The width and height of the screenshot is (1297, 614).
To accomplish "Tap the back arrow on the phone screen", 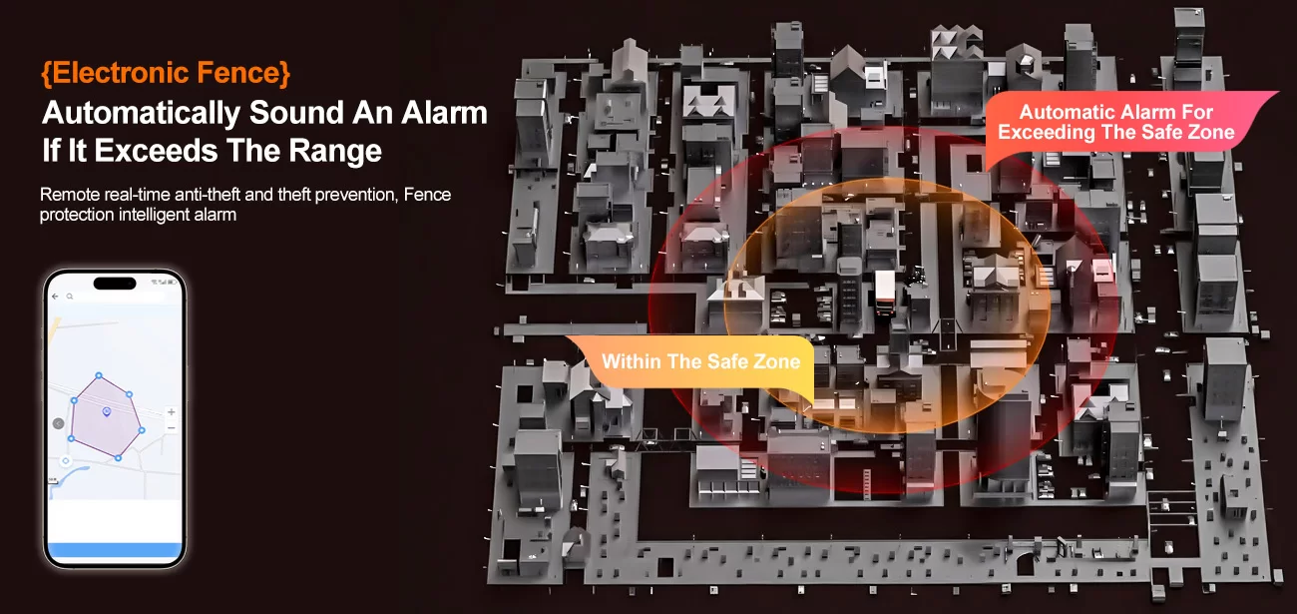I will point(55,297).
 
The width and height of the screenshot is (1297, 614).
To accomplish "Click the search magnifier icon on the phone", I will point(69,297).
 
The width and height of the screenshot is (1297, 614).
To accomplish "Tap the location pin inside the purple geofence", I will point(107,411).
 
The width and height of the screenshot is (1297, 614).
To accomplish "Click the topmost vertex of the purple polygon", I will point(98,376).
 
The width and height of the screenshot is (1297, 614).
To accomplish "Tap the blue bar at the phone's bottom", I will point(115,550).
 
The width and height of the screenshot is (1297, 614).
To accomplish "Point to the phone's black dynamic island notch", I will point(115,283).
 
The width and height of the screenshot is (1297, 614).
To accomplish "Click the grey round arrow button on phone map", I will point(59,423).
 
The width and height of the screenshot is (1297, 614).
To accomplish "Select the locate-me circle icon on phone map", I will point(66,460).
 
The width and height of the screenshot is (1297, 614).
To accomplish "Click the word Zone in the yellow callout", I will point(776,361).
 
